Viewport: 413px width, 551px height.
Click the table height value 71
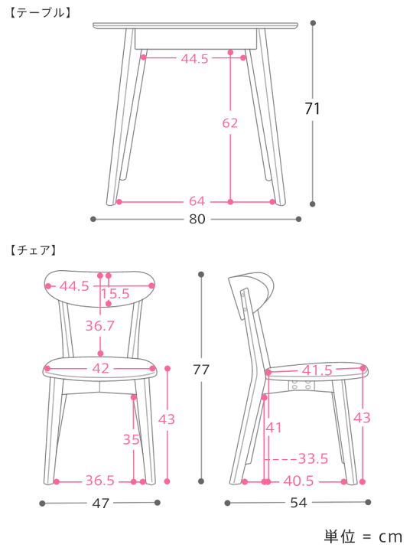[312, 109]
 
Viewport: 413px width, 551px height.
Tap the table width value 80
[197, 219]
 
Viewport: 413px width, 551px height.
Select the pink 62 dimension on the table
[230, 123]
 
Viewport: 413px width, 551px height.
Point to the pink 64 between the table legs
[197, 201]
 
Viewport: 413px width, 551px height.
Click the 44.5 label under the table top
[194, 59]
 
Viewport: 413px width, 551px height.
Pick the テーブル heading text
[41, 13]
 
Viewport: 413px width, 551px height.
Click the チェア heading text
[34, 250]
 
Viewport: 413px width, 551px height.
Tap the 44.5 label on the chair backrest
[74, 286]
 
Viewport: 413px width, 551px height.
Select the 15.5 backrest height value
[115, 293]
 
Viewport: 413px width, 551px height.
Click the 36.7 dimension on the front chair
[100, 326]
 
